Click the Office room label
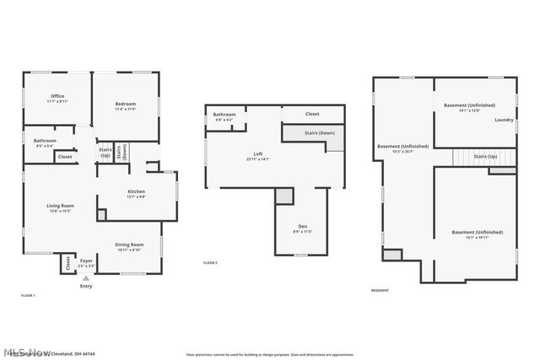pyautogui.click(x=57, y=96)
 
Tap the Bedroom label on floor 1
pyautogui.click(x=126, y=104)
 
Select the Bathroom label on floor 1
pyautogui.click(x=45, y=141)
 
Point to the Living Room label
pyautogui.click(x=60, y=206)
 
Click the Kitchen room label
pyautogui.click(x=137, y=191)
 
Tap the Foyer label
pyautogui.click(x=86, y=261)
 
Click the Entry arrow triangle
pyautogui.click(x=85, y=277)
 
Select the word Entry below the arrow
pyautogui.click(x=86, y=287)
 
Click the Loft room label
pyautogui.click(x=258, y=154)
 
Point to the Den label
pyautogui.click(x=302, y=227)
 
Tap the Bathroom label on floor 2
pyautogui.click(x=224, y=115)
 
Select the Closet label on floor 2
pyautogui.click(x=312, y=114)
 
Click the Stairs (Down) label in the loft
pyautogui.click(x=320, y=132)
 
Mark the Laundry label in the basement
pyautogui.click(x=505, y=120)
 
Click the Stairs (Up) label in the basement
pyautogui.click(x=485, y=157)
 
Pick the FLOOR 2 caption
pyautogui.click(x=210, y=264)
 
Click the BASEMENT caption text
pyautogui.click(x=380, y=291)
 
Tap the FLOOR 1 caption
pyautogui.click(x=28, y=295)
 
